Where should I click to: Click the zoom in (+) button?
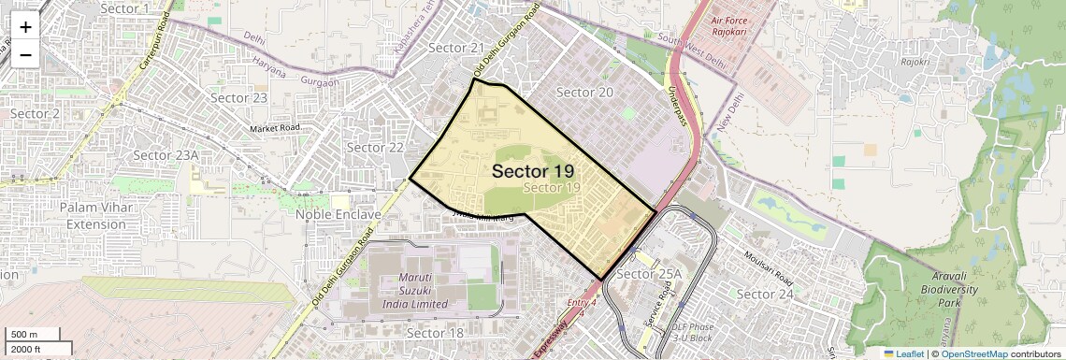click(25, 28)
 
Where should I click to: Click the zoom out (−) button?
click(25, 53)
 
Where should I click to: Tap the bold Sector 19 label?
click(533, 171)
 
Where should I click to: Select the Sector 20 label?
click(584, 92)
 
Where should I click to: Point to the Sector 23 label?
click(239, 97)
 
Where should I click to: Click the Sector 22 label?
click(375, 147)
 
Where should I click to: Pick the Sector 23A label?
click(166, 155)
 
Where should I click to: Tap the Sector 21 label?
click(456, 48)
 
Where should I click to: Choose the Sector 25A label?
click(651, 274)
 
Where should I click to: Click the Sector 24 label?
click(765, 294)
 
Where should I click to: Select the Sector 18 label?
click(436, 333)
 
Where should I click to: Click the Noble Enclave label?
click(339, 214)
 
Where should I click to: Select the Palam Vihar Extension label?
click(94, 215)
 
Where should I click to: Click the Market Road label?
click(275, 127)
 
